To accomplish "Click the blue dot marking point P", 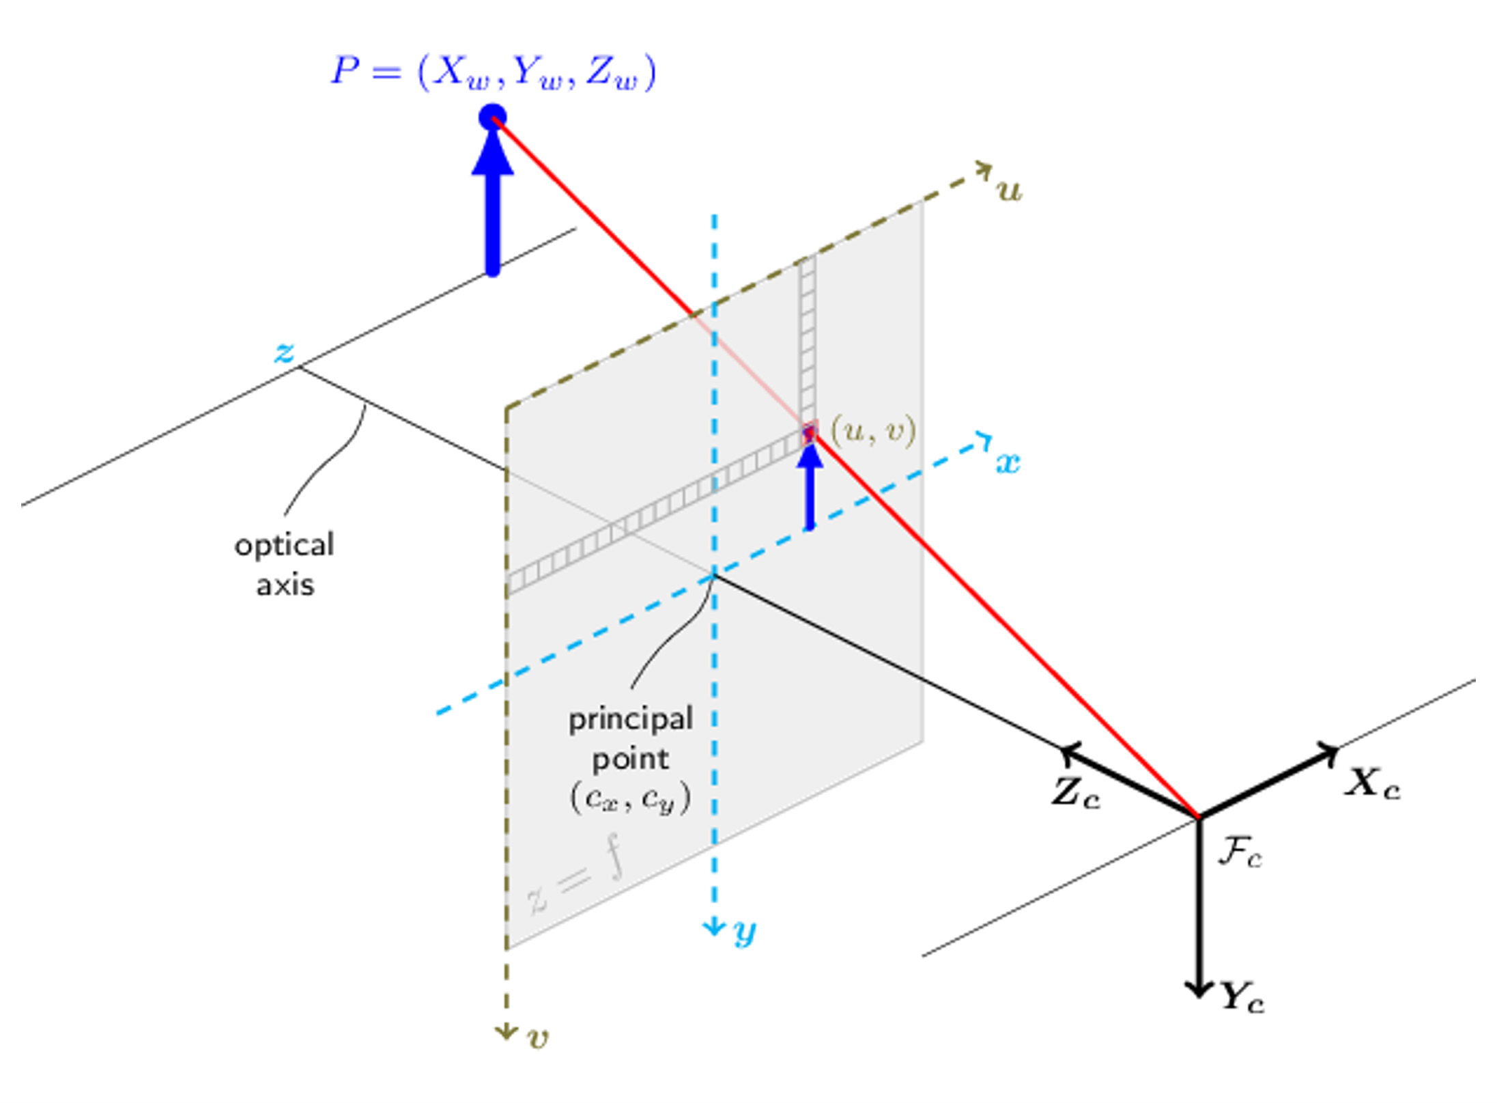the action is (492, 117).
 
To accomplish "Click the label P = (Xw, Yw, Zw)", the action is (493, 72).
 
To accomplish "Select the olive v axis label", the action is (538, 1038).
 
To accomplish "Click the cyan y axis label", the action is (745, 932).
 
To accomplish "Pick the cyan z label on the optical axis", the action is (284, 352).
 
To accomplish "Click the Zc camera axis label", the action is (1076, 794).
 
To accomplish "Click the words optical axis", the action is (285, 564).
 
